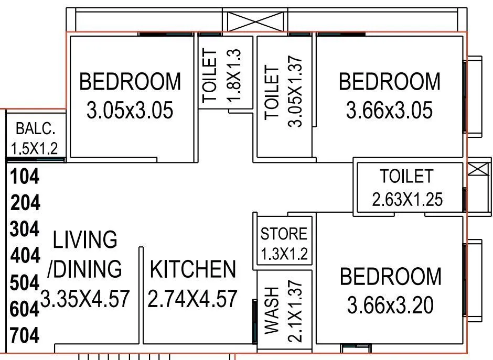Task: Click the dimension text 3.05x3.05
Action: tap(130, 111)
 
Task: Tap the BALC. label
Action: tap(35, 128)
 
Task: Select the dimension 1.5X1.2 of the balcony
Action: tap(35, 148)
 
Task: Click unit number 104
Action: tap(25, 177)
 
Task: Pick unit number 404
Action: tap(25, 256)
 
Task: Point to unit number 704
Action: tap(25, 335)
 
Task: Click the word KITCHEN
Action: tap(193, 269)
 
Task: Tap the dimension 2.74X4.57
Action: tap(193, 299)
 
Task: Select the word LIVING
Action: tap(85, 239)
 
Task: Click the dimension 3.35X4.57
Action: tap(85, 299)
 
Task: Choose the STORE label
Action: tap(284, 234)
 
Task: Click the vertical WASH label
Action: tap(272, 310)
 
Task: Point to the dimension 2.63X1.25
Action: tap(407, 199)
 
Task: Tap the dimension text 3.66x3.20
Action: tap(390, 306)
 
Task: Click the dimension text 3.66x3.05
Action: tap(389, 111)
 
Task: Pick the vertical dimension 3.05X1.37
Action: tap(296, 91)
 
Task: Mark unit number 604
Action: tap(25, 309)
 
